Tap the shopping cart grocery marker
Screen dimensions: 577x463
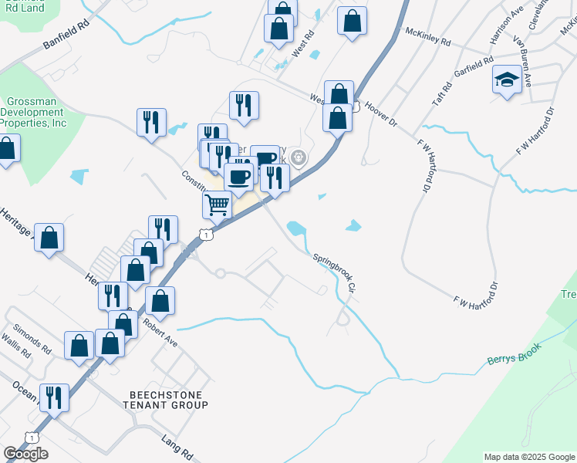(x=218, y=205)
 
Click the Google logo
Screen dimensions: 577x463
(x=25, y=454)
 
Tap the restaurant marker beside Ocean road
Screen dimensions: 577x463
(x=54, y=397)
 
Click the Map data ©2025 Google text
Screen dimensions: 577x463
(x=529, y=457)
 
